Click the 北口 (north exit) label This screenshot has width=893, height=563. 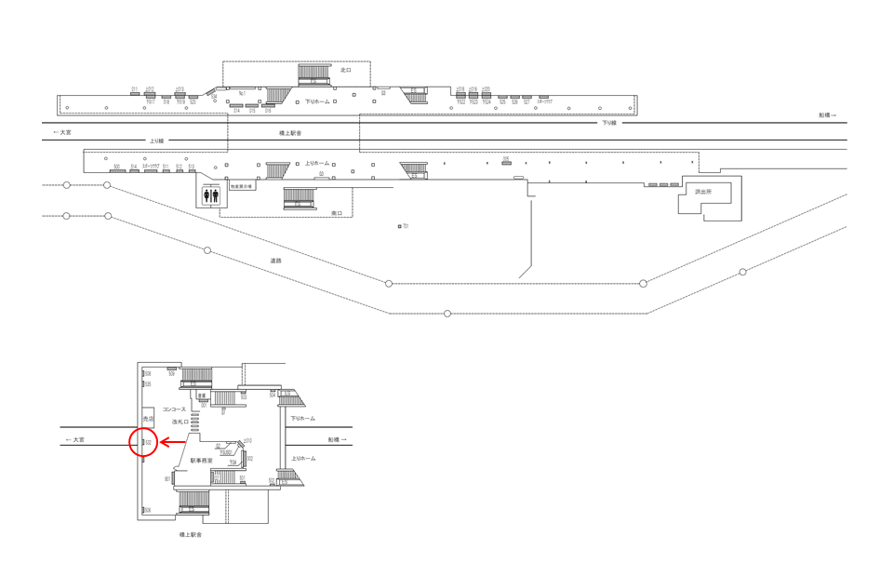[345, 70]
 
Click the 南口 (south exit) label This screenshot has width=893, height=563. [337, 213]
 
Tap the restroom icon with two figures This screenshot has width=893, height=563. [211, 196]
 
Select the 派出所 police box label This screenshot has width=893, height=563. [702, 192]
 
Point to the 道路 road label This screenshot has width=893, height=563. [275, 261]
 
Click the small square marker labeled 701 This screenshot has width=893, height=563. [400, 226]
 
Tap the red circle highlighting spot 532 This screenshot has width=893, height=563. [144, 442]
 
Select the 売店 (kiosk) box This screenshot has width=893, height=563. [148, 420]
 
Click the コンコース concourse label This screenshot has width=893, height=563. [174, 409]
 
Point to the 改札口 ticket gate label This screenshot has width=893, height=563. [180, 422]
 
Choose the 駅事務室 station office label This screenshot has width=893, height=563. [202, 460]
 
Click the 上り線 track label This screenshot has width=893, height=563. [156, 141]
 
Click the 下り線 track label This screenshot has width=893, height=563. [608, 123]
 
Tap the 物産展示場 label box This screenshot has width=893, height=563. [242, 186]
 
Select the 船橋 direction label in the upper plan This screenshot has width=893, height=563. [827, 115]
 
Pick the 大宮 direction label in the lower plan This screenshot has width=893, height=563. [74, 439]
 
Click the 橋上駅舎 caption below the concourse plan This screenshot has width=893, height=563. [190, 534]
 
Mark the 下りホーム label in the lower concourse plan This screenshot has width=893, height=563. [302, 419]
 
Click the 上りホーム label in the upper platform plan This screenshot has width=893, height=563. [317, 164]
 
